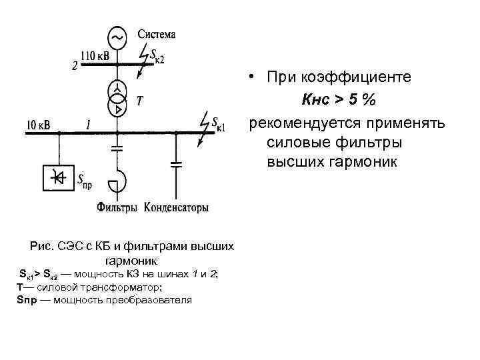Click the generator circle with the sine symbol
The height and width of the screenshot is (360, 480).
coord(117,38)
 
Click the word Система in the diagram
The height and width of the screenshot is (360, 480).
coord(157,34)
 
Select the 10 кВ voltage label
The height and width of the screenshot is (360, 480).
coord(38,124)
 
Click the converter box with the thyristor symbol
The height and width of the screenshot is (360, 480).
coord(59,177)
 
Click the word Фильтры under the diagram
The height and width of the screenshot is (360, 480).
coord(117,208)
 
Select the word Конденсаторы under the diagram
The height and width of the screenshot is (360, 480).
coord(176,208)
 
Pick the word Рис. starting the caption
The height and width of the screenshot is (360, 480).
coord(42,247)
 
